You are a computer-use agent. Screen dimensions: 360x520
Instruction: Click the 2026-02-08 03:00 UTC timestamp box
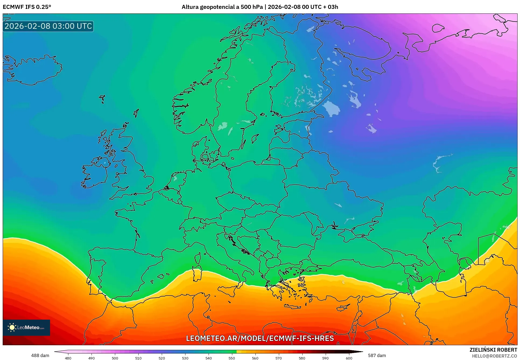48,26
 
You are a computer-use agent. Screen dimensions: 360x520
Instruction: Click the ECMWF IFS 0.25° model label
27,7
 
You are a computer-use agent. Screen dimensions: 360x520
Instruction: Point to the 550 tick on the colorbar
232,358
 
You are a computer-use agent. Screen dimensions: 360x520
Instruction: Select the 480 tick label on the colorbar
68,358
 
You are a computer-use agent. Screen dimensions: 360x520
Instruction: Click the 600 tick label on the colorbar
349,358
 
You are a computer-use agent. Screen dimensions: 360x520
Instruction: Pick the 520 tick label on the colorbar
162,358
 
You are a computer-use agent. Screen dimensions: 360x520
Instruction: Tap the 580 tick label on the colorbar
302,358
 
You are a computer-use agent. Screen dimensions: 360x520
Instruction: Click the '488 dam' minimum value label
40,355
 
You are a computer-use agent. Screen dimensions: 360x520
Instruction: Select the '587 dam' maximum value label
377,355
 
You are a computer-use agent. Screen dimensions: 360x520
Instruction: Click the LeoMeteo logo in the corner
26,327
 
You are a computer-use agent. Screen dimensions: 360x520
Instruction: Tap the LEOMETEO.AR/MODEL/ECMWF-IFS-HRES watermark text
260,338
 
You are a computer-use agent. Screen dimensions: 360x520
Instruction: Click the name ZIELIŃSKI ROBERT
493,350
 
